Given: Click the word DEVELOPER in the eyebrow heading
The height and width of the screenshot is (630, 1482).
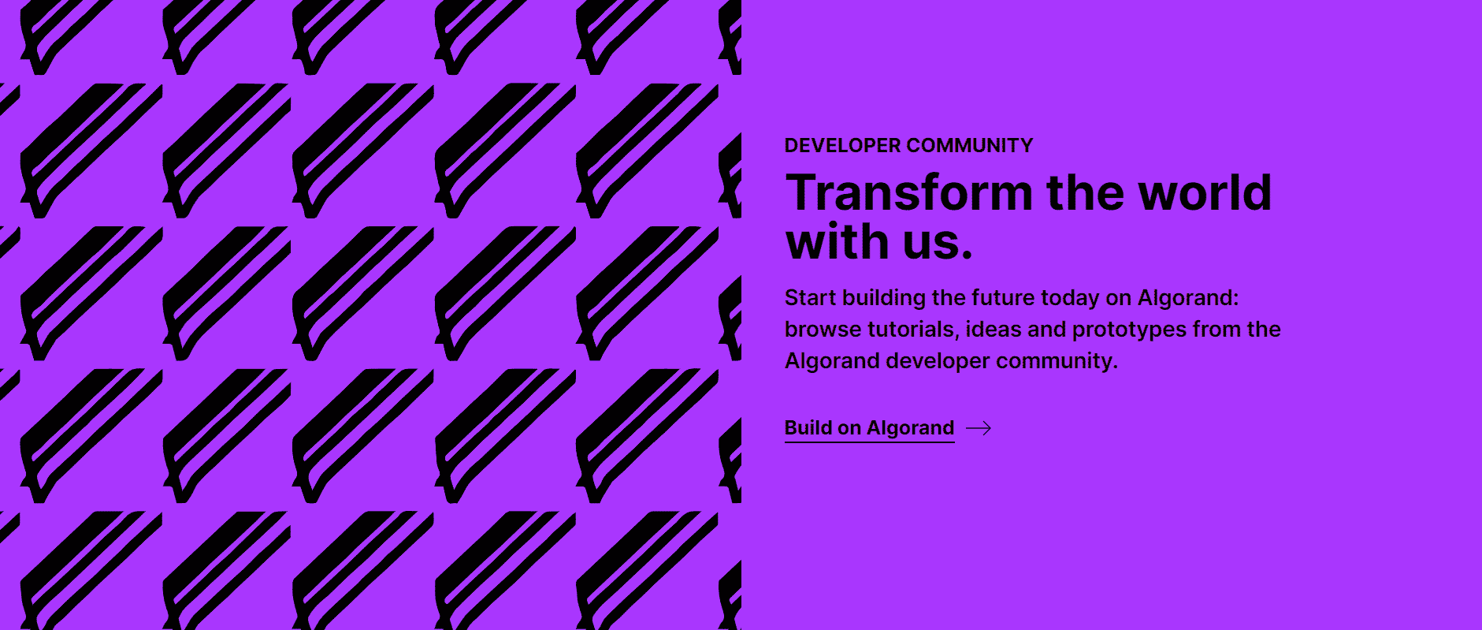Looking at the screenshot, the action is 842,146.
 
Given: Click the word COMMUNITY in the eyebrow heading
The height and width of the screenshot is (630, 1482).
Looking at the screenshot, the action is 970,146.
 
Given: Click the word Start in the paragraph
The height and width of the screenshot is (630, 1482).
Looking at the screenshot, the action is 810,298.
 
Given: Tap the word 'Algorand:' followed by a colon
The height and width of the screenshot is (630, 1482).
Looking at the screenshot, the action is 1189,299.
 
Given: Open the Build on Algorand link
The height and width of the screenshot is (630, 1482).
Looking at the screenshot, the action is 870,428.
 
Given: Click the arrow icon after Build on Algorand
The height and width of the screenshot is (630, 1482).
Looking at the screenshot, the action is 979,428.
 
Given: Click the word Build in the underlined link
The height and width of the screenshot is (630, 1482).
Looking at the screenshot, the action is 808,428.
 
